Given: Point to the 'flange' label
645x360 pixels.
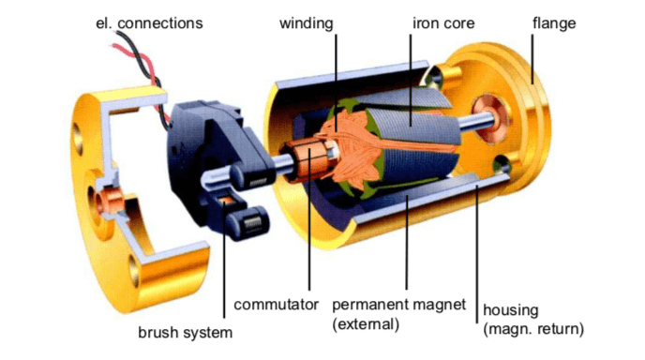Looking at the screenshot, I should [x=553, y=22].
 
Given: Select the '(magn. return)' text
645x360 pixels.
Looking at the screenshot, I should [x=532, y=330].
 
